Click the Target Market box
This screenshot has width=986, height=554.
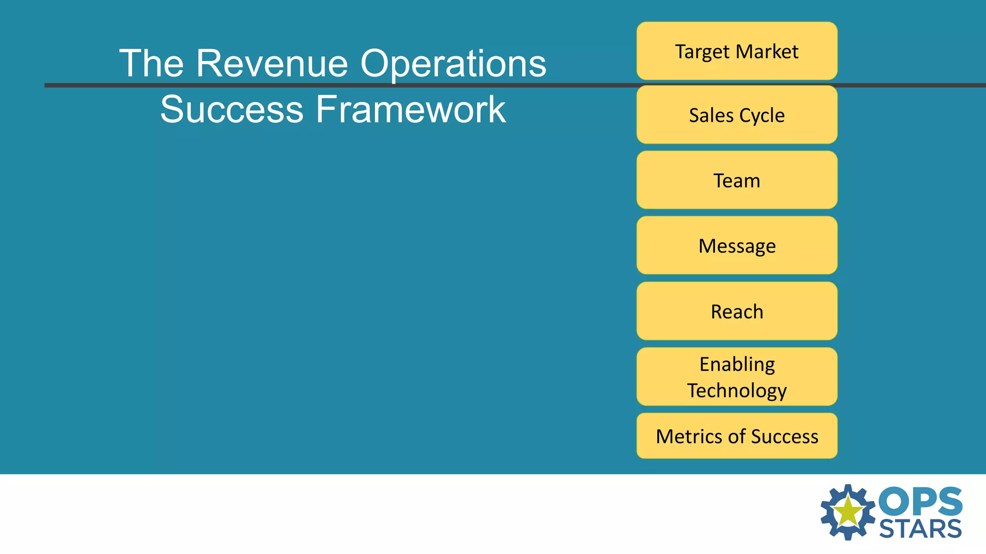point(737,51)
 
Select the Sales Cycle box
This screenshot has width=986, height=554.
point(737,115)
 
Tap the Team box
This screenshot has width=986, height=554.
point(737,180)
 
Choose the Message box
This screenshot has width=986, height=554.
point(737,246)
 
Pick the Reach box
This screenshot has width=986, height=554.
point(737,312)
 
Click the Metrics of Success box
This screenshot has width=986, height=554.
point(737,436)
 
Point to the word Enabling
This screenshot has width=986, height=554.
point(737,365)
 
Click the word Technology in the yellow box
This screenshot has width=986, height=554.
point(737,390)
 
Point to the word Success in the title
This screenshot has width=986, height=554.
point(232,109)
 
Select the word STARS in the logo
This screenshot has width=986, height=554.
point(920,529)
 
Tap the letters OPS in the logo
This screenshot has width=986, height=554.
point(920,502)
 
